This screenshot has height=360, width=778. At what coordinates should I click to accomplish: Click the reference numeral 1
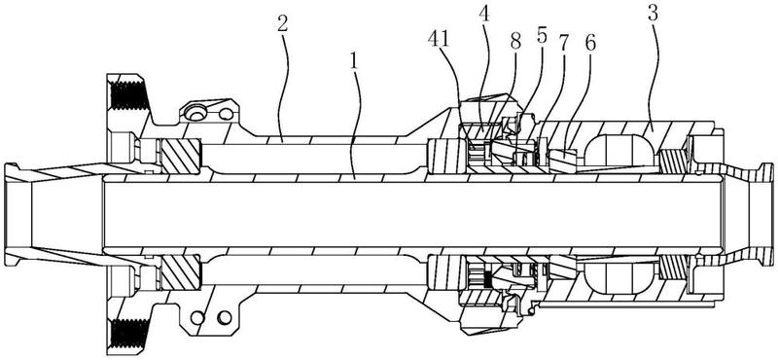click(353, 61)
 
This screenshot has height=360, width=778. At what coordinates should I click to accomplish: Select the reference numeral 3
click(653, 14)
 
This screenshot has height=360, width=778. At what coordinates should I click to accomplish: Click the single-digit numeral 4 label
click(484, 15)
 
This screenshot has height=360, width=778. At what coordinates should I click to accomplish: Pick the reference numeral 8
click(516, 42)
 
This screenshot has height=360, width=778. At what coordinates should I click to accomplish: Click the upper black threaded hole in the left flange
click(128, 95)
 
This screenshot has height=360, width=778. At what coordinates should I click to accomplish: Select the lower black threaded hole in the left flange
click(128, 335)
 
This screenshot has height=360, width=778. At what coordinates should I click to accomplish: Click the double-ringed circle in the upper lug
click(197, 114)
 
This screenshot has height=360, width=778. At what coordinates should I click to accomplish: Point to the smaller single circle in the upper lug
click(226, 115)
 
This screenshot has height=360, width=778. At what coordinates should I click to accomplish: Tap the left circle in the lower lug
click(198, 316)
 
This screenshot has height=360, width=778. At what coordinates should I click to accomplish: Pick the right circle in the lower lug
click(225, 316)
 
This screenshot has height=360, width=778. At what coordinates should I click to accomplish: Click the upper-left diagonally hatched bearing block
click(181, 156)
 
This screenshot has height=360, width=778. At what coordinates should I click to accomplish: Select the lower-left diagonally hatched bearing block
click(181, 272)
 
